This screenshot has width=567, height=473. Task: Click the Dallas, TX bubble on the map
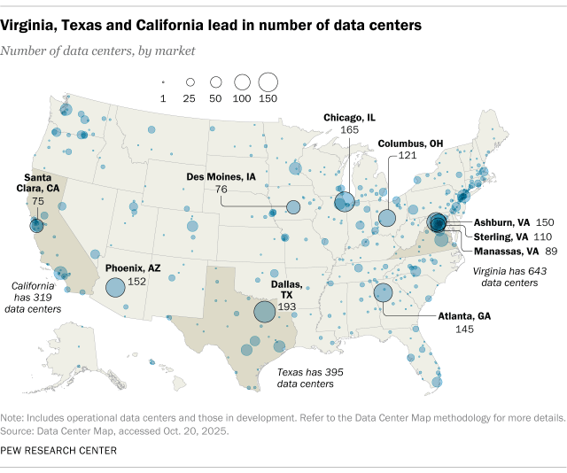coord(264,312)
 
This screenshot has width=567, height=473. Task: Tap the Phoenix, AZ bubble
coord(115,287)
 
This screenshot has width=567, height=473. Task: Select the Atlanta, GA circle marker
coord(384,292)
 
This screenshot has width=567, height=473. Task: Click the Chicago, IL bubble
coord(345,202)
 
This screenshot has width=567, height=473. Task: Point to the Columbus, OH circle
coord(387,218)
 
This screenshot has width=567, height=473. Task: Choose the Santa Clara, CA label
coord(36,182)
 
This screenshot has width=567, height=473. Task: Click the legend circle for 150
coord(268,82)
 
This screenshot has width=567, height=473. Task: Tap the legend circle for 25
coord(188,82)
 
